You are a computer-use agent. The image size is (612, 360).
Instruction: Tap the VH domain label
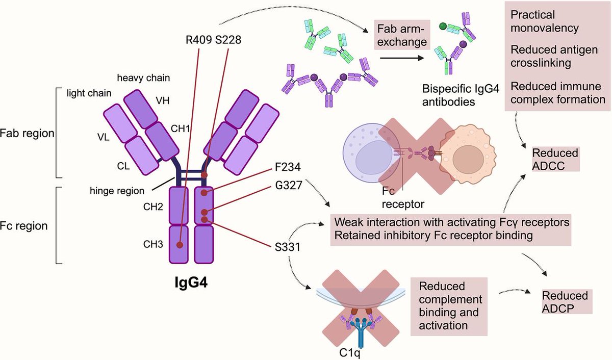(163, 100)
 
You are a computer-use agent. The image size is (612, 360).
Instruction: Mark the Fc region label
(24, 225)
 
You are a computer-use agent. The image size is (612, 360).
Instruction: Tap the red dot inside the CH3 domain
(180, 245)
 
